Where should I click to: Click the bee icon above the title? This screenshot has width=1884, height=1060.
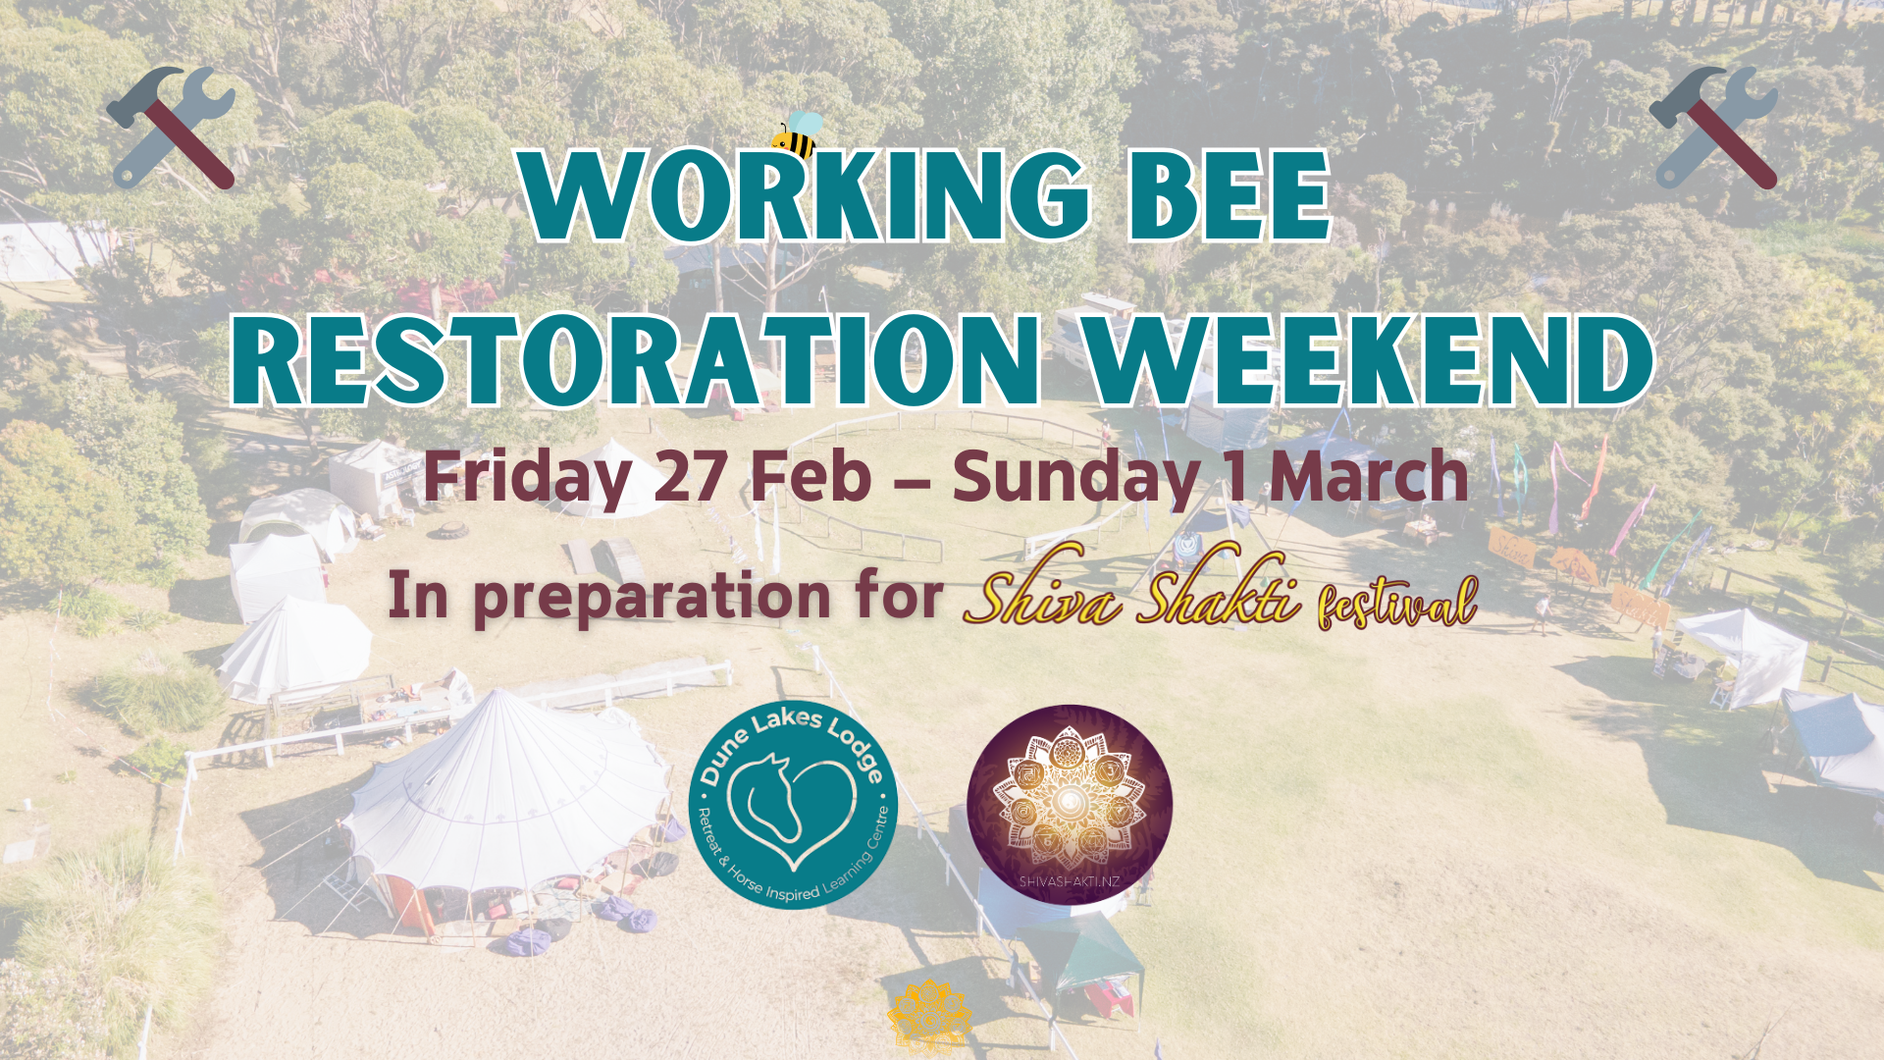797,134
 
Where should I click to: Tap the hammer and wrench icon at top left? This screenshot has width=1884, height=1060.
171,128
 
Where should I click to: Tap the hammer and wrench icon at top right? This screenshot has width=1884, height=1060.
1713,128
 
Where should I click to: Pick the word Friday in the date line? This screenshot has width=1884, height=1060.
526,478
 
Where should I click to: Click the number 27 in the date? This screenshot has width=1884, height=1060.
691,476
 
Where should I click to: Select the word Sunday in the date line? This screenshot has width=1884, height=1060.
1076,478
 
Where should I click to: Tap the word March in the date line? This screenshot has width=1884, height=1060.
1369,476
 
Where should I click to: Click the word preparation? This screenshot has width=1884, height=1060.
652,598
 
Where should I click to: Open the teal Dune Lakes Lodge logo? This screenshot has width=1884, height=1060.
793,804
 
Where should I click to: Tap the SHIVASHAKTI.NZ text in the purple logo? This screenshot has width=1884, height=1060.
1069,881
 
